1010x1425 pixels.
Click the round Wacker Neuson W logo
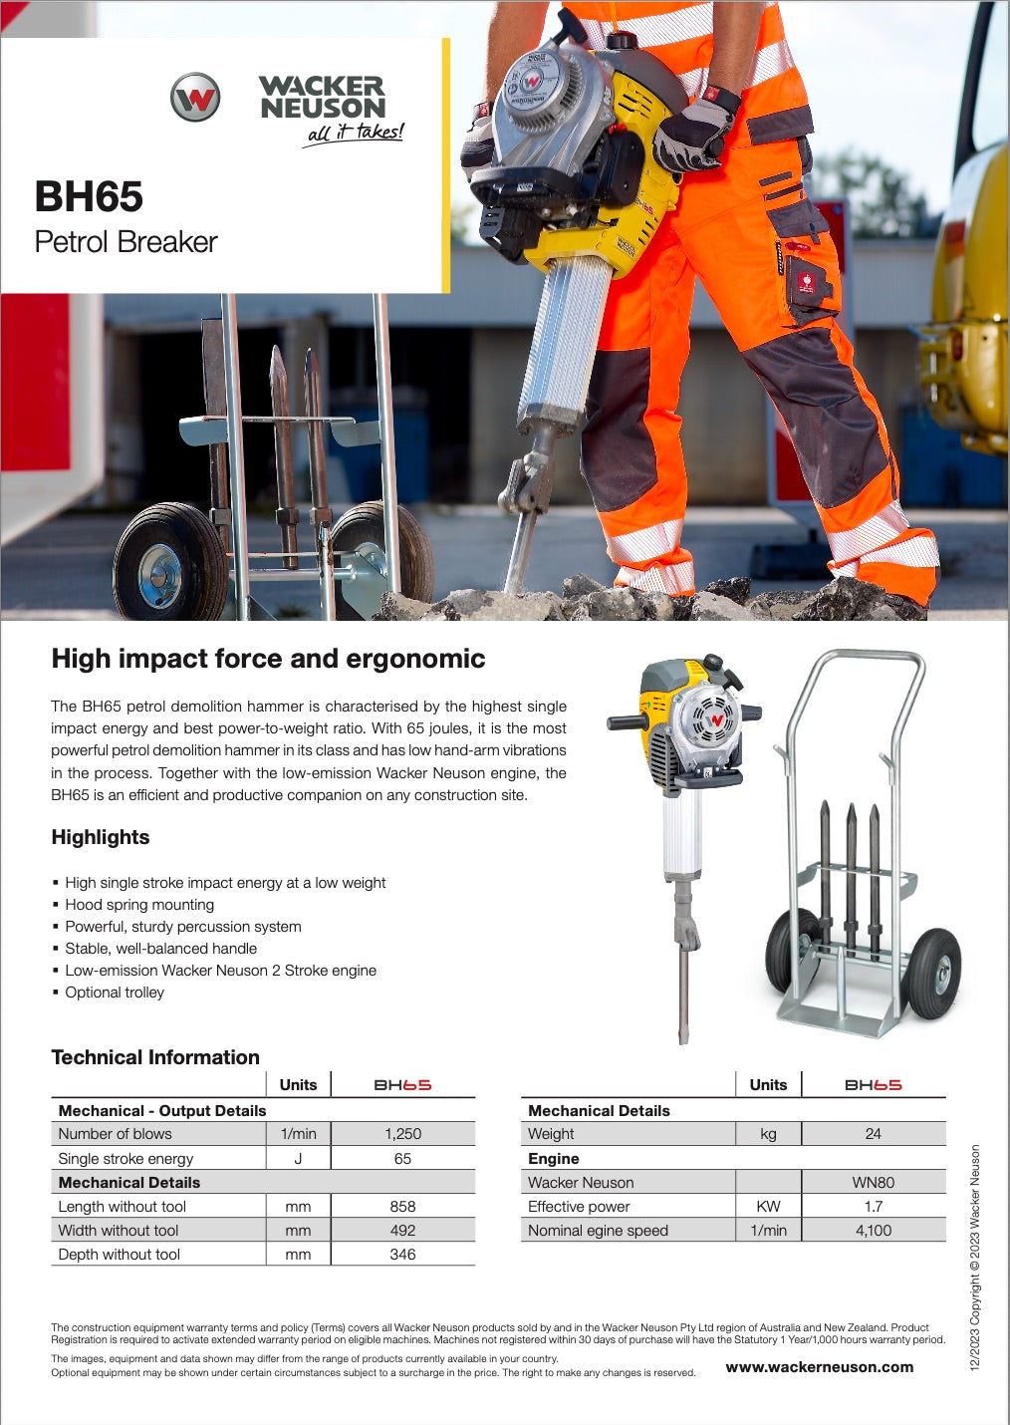pos(194,98)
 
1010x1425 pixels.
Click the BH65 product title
pos(89,196)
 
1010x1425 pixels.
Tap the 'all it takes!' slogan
pos(355,133)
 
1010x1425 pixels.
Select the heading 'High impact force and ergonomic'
pos(268,659)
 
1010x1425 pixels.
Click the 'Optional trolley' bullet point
pos(114,993)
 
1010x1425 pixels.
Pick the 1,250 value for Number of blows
pos(402,1134)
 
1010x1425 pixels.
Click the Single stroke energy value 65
pos(402,1159)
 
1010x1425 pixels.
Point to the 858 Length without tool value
pos(402,1207)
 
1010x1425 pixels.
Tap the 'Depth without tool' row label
pos(119,1255)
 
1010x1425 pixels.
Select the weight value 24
pos(873,1134)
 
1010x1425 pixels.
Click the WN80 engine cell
pos(873,1183)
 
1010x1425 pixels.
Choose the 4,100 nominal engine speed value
pos(873,1231)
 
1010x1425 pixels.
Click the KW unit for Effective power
pos(768,1207)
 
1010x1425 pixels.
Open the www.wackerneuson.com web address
pos(819,1367)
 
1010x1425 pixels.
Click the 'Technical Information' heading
pos(155,1057)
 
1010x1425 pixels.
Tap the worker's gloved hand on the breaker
pos(693,131)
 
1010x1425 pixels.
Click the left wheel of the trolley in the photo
pos(169,563)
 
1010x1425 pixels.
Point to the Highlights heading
pos(101,837)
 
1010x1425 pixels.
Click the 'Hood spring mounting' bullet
pos(138,905)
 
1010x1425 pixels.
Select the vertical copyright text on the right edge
pos(975,1257)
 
